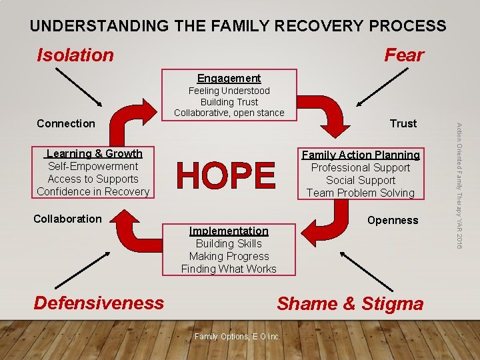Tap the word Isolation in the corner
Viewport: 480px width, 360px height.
pyautogui.click(x=75, y=55)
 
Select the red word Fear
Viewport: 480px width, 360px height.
pyautogui.click(x=404, y=55)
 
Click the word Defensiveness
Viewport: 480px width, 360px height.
pyautogui.click(x=99, y=303)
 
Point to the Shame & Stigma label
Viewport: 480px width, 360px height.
pyautogui.click(x=350, y=303)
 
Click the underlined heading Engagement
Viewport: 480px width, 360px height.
pyautogui.click(x=229, y=78)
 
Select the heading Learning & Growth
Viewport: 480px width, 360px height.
pyautogui.click(x=94, y=153)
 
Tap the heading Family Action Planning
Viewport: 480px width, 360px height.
pyautogui.click(x=361, y=155)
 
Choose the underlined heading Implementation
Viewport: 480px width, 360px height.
pyautogui.click(x=229, y=231)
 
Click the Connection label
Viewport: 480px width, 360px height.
pyautogui.click(x=66, y=123)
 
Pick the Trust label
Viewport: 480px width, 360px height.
pyautogui.click(x=403, y=123)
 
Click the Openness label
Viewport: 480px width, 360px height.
pyautogui.click(x=393, y=220)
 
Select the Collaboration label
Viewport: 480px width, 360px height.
pyautogui.click(x=67, y=219)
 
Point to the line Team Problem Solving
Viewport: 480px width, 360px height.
pyautogui.click(x=361, y=193)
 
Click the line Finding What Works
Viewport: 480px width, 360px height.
pyautogui.click(x=229, y=269)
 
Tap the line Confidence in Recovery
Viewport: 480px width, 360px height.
pyautogui.click(x=93, y=191)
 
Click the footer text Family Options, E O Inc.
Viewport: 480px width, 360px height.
pyautogui.click(x=237, y=336)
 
